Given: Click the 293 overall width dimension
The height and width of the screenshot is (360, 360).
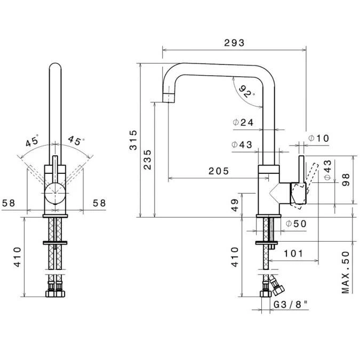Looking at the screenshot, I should coord(234,43).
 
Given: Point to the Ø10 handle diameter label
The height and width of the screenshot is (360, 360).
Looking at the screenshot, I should coord(319,139).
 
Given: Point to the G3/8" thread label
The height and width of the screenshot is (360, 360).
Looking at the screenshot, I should coord(291,306).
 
